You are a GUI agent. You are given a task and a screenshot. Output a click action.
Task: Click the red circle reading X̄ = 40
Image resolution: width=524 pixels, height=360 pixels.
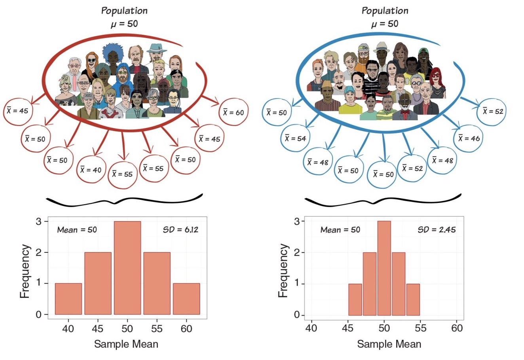point(91,170)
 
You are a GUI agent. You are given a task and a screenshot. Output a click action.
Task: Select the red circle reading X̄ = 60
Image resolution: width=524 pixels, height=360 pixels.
point(233,112)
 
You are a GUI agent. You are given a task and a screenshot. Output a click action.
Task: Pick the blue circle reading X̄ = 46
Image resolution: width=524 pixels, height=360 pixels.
point(469,138)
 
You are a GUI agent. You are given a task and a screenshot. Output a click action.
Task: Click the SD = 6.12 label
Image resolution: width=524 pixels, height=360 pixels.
point(180,229)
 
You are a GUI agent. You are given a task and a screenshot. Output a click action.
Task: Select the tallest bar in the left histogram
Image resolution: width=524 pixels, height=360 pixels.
point(127,268)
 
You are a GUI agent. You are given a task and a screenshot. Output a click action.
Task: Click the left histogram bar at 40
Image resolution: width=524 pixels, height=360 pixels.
point(68,299)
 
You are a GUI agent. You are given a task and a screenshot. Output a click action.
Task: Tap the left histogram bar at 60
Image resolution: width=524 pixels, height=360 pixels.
point(186,299)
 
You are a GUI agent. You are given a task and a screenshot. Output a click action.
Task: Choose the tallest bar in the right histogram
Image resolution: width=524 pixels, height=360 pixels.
point(384,268)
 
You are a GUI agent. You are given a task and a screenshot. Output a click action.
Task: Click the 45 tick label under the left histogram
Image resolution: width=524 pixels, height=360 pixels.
point(98,329)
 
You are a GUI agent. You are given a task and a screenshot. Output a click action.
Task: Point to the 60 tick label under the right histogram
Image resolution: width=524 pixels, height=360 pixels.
point(457,329)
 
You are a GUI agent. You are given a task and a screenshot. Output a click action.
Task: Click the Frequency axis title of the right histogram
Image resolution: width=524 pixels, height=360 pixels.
point(283,271)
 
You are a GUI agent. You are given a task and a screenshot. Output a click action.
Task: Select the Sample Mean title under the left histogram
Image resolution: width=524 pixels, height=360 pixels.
point(126,344)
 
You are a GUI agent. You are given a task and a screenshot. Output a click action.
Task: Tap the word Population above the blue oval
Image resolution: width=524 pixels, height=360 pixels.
point(385,10)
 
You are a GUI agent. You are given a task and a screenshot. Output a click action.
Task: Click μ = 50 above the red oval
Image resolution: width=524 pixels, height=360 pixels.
point(124,23)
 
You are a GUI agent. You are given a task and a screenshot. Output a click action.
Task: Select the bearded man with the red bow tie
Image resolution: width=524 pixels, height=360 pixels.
point(405,107)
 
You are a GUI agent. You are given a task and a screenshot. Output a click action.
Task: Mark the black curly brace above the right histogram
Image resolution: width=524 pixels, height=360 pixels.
point(383,201)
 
